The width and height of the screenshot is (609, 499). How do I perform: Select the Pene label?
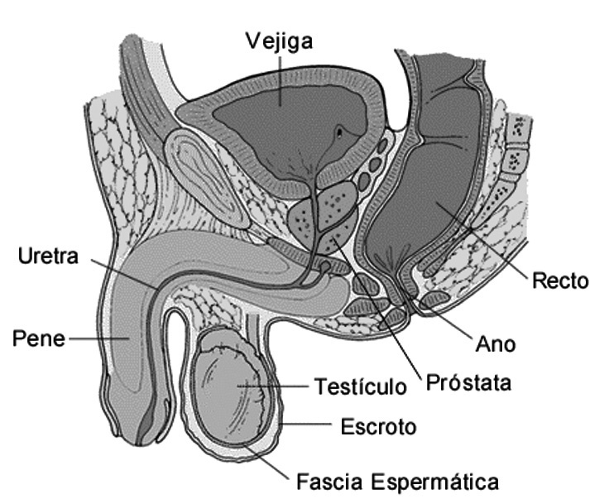click(38, 338)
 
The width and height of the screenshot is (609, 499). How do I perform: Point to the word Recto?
click(560, 281)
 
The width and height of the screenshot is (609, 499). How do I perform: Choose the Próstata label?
click(468, 383)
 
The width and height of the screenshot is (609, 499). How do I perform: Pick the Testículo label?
click(361, 386)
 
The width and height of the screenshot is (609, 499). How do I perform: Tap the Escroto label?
click(378, 427)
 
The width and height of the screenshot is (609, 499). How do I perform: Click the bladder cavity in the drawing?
click(281, 124)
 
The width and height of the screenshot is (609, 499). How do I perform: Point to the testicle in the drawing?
click(236, 389)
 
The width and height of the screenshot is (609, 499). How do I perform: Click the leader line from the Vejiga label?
click(280, 79)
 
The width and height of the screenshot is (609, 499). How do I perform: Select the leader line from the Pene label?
click(99, 338)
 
